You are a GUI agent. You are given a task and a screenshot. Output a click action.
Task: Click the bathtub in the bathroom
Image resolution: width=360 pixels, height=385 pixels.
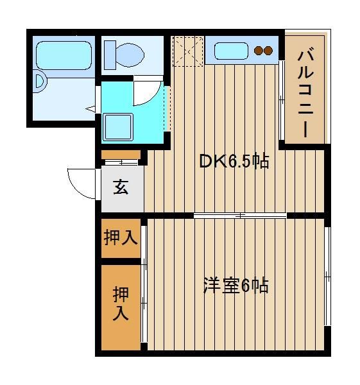pos(64,55)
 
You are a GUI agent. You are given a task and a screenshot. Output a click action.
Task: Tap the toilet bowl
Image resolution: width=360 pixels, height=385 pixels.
pos(130,55)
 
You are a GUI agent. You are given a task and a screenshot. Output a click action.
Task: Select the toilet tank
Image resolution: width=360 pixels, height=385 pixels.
pos(110,55)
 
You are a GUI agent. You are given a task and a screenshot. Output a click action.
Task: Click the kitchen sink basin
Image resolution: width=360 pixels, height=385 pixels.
pos(231,51)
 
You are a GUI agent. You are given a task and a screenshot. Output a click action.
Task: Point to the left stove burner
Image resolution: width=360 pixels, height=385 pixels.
pos(259,51)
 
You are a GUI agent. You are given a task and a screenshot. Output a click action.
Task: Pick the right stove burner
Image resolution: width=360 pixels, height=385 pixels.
pos(268,51)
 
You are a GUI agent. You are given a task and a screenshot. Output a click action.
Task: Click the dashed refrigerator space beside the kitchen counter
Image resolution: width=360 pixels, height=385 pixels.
pos(188,51)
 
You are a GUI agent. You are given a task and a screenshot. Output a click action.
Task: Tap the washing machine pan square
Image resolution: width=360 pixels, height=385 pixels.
pos(118,127)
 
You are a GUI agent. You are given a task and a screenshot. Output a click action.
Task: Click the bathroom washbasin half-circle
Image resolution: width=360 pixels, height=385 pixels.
pos(40,81)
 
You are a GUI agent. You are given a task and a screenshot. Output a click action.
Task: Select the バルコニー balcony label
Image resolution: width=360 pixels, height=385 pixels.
pos(305,93)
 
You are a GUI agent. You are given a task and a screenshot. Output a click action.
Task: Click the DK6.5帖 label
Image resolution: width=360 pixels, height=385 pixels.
pos(234,161)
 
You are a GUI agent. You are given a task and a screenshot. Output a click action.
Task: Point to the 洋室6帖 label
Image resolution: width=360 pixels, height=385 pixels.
pos(236,286)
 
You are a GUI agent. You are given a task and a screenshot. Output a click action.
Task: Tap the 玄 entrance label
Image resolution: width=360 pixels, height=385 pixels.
pos(121,187)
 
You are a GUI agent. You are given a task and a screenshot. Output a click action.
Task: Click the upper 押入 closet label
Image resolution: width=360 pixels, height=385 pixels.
pos(121,237)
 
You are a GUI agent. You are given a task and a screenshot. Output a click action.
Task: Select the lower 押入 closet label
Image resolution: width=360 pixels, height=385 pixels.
pos(121,304)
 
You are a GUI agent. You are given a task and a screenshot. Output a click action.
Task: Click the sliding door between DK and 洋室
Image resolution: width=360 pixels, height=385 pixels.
pos(240,216)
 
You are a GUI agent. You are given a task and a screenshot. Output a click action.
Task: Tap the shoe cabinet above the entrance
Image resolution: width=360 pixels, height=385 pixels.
pos(121,155)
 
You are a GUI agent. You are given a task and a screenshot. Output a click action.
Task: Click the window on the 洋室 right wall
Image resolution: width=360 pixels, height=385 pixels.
pos(327,276)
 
